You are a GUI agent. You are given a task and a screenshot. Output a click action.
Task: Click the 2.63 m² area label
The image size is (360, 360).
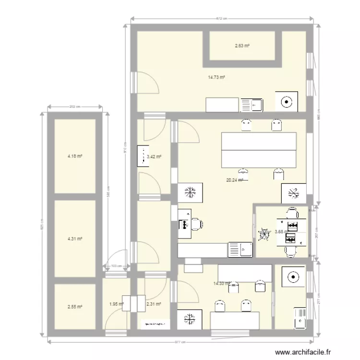coord(242,46)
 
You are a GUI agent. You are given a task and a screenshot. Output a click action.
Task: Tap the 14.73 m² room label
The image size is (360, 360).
coord(217,77)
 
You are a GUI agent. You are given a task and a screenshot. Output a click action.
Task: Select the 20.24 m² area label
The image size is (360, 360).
coord(234,180)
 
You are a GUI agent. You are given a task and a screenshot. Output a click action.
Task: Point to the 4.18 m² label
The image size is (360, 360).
coord(75,156)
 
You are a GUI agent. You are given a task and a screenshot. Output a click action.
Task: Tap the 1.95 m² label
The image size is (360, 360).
coord(117,303)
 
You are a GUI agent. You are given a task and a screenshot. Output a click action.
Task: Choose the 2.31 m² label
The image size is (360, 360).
coord(153,303)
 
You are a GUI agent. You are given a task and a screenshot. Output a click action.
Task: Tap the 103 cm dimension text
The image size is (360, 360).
coord(115,265)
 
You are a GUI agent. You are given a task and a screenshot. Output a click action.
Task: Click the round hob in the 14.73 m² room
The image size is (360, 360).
coord(287,101)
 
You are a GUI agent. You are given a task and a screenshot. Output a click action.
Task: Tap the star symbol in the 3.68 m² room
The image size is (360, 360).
coord(264,234)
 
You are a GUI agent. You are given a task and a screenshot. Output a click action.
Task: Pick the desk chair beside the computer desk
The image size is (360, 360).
coord(197,224)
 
